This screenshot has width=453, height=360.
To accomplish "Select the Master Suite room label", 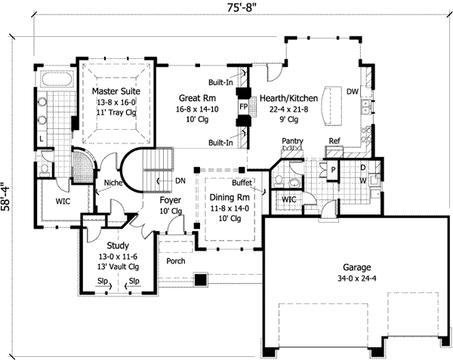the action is [116, 91].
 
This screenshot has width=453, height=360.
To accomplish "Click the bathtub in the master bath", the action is [57, 78].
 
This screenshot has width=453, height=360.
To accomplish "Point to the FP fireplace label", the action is [244, 106].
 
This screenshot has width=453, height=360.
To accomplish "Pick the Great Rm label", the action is [197, 98].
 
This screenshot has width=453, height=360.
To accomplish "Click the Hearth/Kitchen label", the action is [289, 98].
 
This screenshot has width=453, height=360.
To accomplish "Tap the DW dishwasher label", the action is [353, 91].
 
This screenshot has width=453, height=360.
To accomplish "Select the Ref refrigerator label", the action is [334, 141].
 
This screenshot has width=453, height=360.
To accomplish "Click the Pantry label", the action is [292, 141].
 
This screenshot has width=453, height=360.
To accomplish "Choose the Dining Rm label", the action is [230, 198].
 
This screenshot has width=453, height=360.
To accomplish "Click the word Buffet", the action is [242, 183].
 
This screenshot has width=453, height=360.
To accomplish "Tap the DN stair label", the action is [180, 180].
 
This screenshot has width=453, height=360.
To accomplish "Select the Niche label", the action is [113, 183].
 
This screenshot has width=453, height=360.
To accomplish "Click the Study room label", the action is [118, 246].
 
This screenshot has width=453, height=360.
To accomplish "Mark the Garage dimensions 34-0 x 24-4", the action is [357, 278].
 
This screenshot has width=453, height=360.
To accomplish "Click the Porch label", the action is [176, 261].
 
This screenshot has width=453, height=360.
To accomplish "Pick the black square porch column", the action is [201, 279].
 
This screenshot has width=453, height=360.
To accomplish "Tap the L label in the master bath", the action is [42, 139].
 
